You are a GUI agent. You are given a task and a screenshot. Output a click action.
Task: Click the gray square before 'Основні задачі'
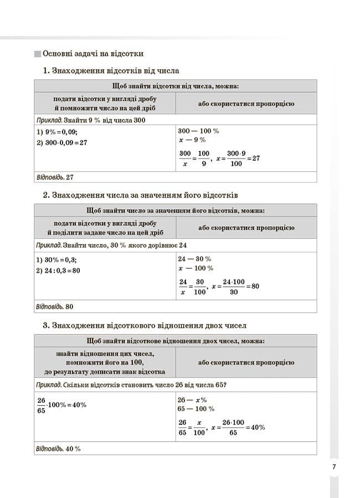click(37, 54)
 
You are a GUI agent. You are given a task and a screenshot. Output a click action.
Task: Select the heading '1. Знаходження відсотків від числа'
click(111, 71)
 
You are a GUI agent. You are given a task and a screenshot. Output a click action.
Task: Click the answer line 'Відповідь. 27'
click(54, 177)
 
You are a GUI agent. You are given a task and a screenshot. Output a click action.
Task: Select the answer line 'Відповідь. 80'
click(54, 307)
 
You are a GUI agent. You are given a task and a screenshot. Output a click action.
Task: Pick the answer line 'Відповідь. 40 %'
click(58, 448)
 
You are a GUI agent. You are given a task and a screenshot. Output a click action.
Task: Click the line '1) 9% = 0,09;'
click(57, 132)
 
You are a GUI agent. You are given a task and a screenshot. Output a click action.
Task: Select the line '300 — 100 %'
click(198, 131)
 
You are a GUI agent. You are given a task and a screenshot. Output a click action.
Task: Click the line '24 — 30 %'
click(194, 259)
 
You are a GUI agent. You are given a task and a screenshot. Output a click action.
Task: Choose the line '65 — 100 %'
click(196, 409)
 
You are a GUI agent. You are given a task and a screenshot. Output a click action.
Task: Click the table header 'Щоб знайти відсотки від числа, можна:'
click(176, 86)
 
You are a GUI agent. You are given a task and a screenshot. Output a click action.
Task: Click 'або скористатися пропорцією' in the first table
click(246, 103)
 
